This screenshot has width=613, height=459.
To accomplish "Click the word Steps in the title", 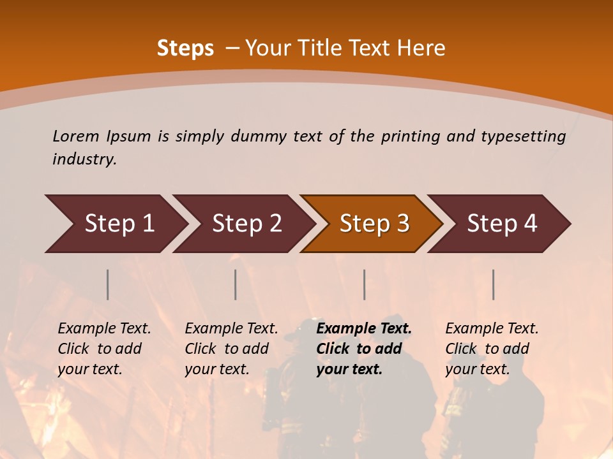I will pyautogui.click(x=185, y=48).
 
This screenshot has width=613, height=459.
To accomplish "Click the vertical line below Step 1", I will pyautogui.click(x=108, y=284).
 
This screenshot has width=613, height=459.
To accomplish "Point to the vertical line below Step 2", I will pyautogui.click(x=236, y=284).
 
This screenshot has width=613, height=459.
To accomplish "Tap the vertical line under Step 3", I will pyautogui.click(x=364, y=284).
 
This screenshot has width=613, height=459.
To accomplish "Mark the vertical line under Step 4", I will pyautogui.click(x=493, y=284).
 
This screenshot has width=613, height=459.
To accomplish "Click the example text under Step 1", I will pyautogui.click(x=104, y=349).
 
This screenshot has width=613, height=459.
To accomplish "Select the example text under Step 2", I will pyautogui.click(x=231, y=349).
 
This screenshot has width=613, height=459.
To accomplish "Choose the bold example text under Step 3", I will pyautogui.click(x=363, y=349).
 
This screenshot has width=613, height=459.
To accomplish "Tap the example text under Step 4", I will pyautogui.click(x=492, y=349).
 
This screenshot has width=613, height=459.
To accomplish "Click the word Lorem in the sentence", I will pyautogui.click(x=76, y=136).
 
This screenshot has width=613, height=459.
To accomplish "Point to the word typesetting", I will pyautogui.click(x=523, y=136).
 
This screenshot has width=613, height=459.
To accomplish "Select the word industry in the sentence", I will pyautogui.click(x=84, y=159).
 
